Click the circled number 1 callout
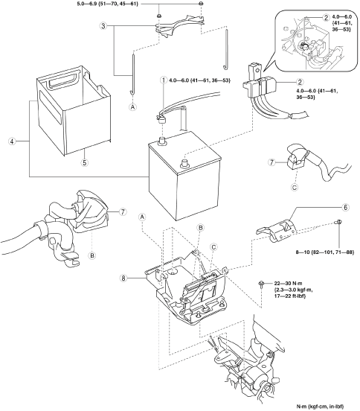point(164,80)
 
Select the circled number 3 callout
point(103,26)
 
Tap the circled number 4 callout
point(12,141)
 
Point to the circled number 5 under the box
point(84,162)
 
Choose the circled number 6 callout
point(345,207)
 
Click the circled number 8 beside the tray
point(123,278)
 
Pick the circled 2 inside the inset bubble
point(326,18)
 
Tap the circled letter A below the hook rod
point(133,107)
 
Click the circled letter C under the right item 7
point(295,188)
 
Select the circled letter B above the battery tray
point(200,228)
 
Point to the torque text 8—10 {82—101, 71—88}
point(324,252)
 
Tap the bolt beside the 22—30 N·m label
point(261,284)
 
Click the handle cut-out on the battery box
point(62,80)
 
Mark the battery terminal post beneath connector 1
point(162,140)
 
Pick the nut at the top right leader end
point(201,4)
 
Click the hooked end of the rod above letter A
point(132,92)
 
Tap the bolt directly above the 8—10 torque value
point(338,223)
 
